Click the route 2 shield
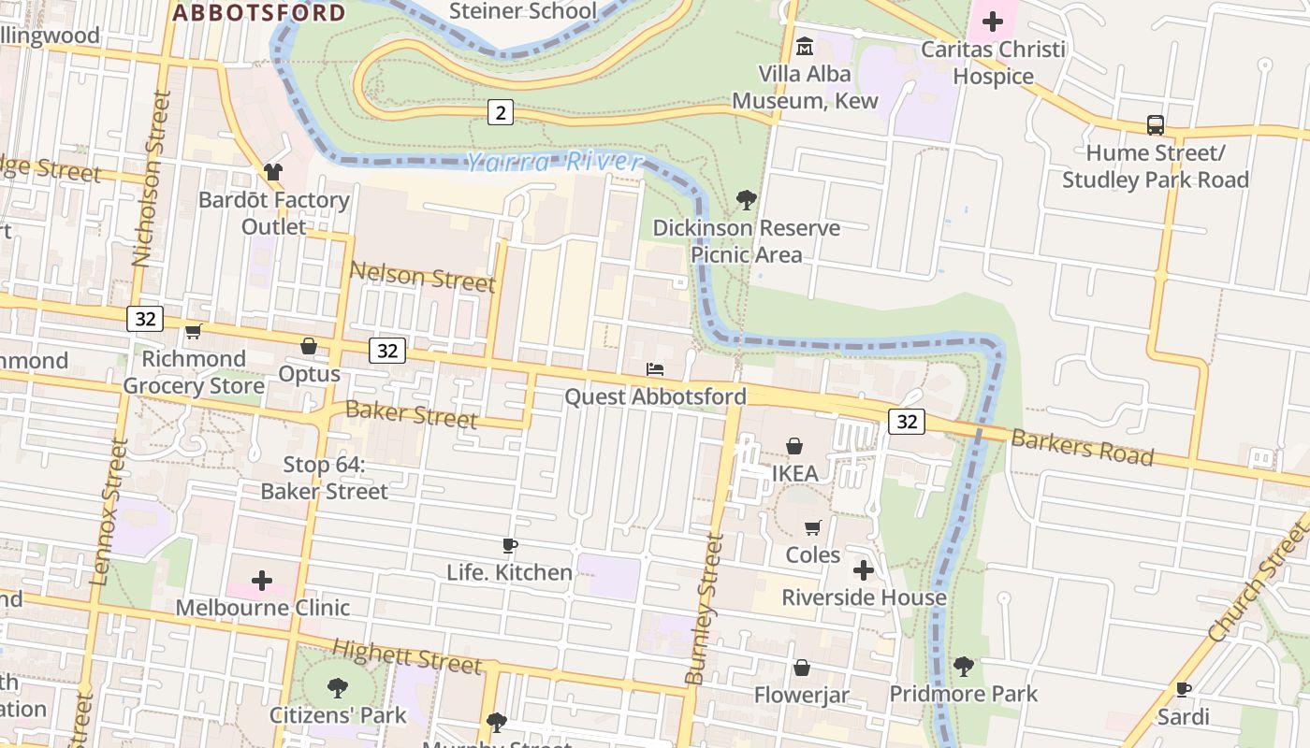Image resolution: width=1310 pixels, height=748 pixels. point(501,113)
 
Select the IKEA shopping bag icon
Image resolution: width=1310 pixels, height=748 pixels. point(794,446)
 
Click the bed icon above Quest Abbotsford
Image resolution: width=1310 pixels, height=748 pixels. point(655,369)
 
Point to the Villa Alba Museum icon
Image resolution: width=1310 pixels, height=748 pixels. point(804,46)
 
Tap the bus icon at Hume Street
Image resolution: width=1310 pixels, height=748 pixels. point(1156,124)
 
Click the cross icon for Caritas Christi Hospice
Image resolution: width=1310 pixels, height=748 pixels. point(993,21)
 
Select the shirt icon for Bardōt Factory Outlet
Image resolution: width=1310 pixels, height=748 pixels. point(272,172)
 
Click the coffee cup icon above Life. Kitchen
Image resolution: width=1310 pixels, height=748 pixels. point(509,545)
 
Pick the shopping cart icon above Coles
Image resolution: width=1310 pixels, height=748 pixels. point(812,528)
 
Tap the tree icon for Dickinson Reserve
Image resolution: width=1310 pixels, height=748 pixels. point(746,199)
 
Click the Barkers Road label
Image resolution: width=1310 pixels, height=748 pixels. point(1082,447)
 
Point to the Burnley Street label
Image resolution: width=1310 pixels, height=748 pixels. point(704,608)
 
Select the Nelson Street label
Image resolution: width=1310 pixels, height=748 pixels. point(422,277)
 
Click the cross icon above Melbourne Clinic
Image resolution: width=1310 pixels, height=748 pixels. point(262,581)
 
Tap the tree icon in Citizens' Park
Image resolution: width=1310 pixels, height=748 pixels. point(338,688)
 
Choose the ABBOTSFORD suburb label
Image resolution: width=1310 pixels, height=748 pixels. point(259,13)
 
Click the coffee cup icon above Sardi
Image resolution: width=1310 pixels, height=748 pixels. point(1183,690)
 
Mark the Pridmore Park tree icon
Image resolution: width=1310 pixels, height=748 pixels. point(963,667)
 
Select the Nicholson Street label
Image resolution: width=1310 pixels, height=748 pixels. point(150,178)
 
